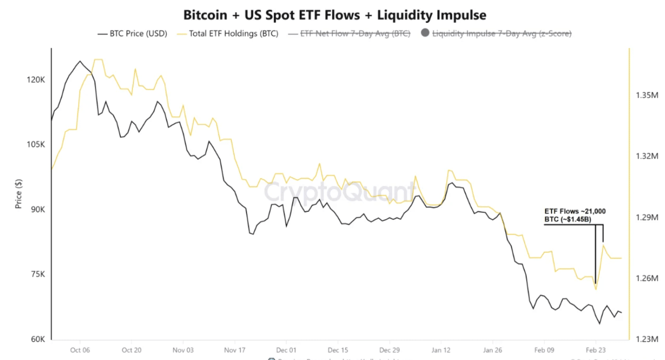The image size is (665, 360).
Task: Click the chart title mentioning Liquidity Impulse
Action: (x=334, y=15)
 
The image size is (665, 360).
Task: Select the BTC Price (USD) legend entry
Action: (x=132, y=34)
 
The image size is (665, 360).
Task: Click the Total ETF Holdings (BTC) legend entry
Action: (x=228, y=34)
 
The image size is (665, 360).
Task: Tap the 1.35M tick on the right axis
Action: (x=647, y=95)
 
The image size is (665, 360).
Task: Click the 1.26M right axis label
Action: (x=647, y=278)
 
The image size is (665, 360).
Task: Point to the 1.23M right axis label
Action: (x=647, y=339)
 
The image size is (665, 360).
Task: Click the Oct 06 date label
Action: (x=79, y=350)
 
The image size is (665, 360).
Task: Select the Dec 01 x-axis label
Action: (x=285, y=350)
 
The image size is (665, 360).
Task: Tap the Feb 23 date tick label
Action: (x=594, y=350)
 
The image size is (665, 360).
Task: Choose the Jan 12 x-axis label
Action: (x=440, y=350)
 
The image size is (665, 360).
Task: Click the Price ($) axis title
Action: (x=19, y=193)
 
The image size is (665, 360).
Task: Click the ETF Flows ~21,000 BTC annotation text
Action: (x=575, y=215)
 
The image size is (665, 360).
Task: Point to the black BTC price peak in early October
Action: (x=80, y=61)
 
